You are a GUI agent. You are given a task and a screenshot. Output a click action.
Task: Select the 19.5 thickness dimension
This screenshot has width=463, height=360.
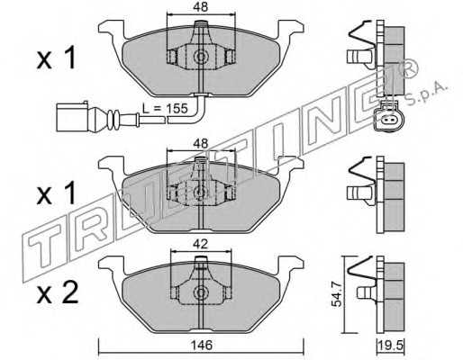[391, 346]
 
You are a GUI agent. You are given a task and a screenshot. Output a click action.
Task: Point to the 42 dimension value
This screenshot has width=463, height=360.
[201, 244]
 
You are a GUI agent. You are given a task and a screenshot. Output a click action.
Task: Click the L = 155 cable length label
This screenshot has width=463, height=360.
[165, 108]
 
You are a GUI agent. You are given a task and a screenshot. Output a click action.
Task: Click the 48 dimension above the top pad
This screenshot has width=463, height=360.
[201, 6]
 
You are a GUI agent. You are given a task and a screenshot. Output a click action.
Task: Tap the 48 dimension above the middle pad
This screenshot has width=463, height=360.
[201, 144]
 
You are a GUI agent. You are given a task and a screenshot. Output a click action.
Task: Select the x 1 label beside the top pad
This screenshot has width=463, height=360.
[56, 58]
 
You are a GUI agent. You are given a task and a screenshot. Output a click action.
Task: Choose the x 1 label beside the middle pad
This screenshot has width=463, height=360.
[56, 193]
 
